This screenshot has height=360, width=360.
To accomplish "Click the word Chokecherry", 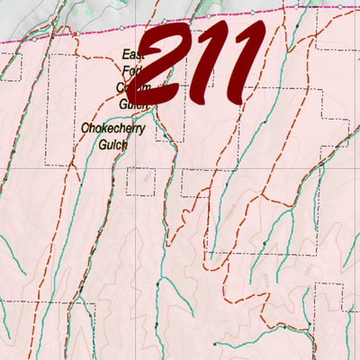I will (112, 129).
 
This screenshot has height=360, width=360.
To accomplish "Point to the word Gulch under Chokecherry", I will (113, 143).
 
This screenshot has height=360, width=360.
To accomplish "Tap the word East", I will (132, 55).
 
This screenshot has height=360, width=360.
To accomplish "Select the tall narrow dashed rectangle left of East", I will (60, 108).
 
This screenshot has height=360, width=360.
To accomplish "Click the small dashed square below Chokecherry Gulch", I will (140, 181).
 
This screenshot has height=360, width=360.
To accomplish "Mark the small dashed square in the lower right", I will (328, 299).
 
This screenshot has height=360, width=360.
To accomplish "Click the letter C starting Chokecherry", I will (85, 129).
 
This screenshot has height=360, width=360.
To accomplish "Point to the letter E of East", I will (125, 55).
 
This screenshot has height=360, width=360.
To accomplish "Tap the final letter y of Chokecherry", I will (142, 130).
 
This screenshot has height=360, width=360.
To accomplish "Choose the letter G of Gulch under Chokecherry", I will (102, 143).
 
